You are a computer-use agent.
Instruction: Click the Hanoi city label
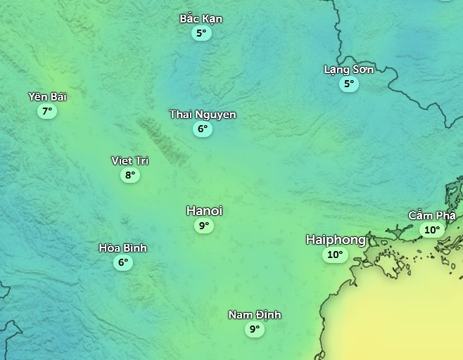[204, 210]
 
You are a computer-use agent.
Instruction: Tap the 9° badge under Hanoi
[204, 226]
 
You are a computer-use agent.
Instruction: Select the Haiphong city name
[336, 240]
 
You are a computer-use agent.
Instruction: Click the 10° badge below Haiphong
[335, 255]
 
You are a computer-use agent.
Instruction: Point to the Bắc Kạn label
[201, 18]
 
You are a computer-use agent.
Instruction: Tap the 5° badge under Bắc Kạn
[201, 33]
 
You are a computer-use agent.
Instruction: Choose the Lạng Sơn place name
[348, 69]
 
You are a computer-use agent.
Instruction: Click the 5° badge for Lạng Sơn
[348, 84]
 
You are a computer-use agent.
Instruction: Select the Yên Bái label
[48, 96]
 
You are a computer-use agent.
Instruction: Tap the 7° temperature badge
[47, 111]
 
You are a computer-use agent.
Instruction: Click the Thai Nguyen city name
[203, 114]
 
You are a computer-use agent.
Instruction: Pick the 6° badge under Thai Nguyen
[203, 129]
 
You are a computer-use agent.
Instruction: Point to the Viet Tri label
[129, 160]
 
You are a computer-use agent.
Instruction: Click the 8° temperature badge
[129, 175]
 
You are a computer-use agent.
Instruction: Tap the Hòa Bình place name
[123, 247]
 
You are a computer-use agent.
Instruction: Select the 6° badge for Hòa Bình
[124, 262]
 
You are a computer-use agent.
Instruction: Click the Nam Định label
[255, 314]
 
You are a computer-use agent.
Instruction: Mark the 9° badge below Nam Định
[254, 329]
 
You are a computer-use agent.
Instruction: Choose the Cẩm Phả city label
[432, 215]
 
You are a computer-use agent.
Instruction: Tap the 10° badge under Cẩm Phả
[431, 230]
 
